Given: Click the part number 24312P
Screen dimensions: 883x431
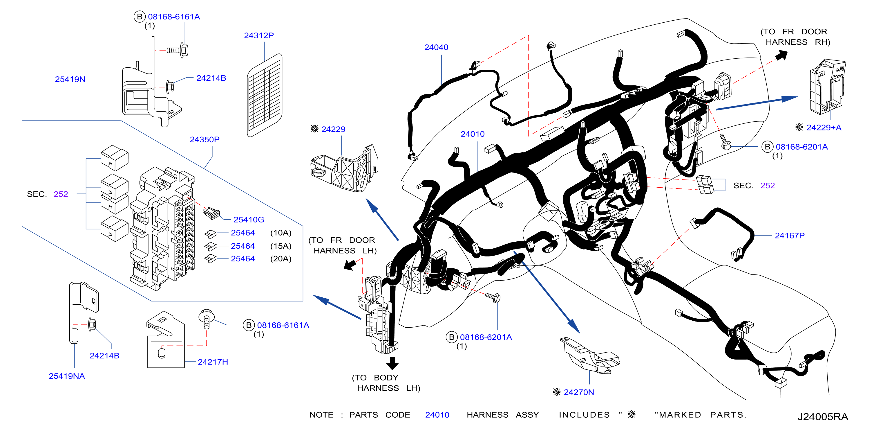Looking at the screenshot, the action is click(x=259, y=35).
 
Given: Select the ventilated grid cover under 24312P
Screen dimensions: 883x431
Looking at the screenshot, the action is click(x=265, y=95).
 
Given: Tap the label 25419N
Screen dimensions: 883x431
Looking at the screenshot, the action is click(x=70, y=79).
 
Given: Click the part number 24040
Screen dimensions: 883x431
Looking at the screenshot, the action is click(x=436, y=47).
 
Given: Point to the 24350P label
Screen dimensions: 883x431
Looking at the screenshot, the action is click(x=205, y=140).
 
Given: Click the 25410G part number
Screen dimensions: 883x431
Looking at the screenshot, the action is click(x=249, y=220).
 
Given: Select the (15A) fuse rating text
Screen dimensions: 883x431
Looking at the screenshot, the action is click(x=281, y=246).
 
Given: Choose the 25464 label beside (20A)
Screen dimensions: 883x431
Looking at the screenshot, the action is click(x=243, y=259).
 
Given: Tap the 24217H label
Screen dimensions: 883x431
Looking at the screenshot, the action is click(x=213, y=362).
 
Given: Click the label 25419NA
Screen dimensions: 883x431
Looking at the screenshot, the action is click(x=67, y=376).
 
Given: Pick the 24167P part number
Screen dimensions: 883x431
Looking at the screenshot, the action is click(x=790, y=236).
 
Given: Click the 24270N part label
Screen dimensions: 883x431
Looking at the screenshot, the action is click(x=579, y=392).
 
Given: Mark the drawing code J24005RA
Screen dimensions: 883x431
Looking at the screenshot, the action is click(x=823, y=416).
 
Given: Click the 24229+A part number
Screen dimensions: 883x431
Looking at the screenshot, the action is click(x=824, y=128).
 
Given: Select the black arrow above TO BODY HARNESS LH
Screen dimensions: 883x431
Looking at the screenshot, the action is click(x=392, y=363).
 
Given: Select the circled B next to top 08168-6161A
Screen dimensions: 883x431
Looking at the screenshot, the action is click(x=139, y=17).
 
